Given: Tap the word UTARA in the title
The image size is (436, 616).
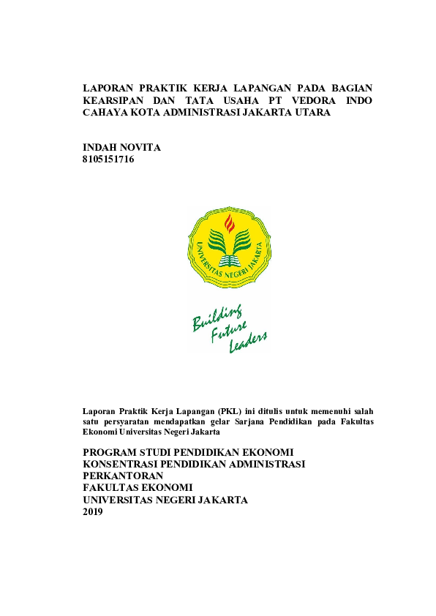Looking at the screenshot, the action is pyautogui.click(x=312, y=113).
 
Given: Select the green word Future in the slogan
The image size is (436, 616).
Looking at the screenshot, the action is pyautogui.click(x=229, y=331).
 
